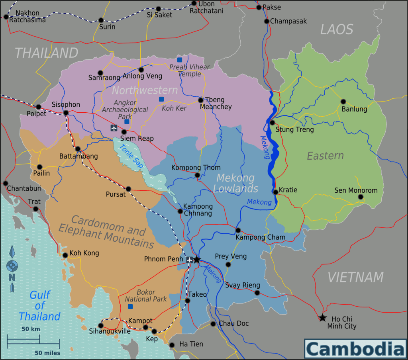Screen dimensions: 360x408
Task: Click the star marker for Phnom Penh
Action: click(196, 259)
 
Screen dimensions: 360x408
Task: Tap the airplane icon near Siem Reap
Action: click(114, 128)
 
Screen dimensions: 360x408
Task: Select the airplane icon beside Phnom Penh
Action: click(189, 260)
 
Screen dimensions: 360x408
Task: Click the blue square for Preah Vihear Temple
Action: click(180, 60)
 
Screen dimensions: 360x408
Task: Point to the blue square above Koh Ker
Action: click(161, 99)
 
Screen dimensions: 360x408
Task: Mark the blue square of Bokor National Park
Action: click(130, 306)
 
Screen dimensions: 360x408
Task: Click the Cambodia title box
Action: click(355, 349)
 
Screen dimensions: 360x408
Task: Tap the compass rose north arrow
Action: click(12, 266)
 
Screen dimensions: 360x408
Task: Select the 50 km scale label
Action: click(31, 329)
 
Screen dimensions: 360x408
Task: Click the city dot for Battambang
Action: click(78, 149)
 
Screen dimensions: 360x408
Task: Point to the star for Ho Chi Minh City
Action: click(322, 318)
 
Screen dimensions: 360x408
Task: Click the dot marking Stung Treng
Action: click(273, 122)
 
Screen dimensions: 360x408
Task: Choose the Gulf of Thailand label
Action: click(39, 306)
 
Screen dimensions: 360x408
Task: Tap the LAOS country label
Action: click(337, 29)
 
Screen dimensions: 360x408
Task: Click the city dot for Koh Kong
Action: click(65, 255)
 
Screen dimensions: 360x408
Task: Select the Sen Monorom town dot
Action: click(361, 197)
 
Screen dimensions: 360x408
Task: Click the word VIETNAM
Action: click(355, 277)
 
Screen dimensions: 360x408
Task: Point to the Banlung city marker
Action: click(343, 101)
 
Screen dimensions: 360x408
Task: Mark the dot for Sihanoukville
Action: click(101, 325)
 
